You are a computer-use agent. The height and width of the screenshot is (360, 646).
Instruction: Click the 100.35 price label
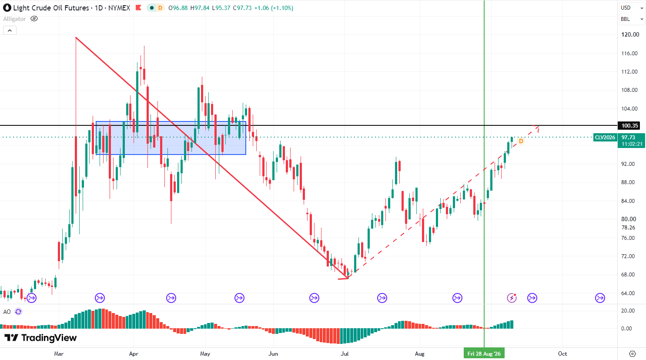629,125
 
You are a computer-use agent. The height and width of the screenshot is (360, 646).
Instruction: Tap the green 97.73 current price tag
631,141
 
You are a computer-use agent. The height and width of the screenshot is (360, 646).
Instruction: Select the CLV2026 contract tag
605,138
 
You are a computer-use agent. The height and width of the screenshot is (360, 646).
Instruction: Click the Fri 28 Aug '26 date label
484,353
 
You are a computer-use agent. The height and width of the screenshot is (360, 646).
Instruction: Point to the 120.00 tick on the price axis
630,35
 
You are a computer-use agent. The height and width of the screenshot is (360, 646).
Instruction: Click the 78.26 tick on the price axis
628,228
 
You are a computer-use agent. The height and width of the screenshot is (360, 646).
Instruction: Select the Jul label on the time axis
345,353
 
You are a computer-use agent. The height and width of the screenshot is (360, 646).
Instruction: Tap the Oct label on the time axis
562,353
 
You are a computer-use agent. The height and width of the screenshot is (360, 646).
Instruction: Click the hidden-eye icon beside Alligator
34,19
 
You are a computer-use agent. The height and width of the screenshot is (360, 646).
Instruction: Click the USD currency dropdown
632,8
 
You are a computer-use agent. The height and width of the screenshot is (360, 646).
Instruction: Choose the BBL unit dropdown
632,19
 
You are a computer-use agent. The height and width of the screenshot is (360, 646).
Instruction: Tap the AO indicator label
7,312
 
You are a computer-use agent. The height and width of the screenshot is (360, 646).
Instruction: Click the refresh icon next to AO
18,312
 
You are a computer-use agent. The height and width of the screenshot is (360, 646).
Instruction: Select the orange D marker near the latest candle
521,141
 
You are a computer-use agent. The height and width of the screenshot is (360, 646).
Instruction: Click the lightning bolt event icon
512,298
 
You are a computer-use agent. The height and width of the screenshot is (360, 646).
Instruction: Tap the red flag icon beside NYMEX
138,8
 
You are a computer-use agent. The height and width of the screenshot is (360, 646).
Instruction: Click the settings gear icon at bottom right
633,353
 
